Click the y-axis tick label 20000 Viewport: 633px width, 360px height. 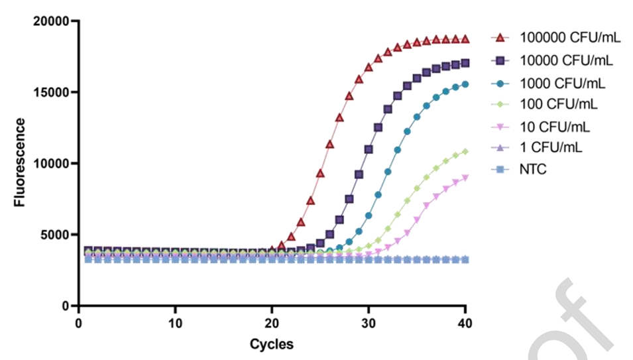pos(52,21)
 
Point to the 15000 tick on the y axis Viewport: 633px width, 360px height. pos(52,92)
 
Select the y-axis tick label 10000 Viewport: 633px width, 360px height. pos(52,164)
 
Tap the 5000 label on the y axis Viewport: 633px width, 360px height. pos(55,235)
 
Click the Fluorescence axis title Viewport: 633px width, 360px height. pos(21,162)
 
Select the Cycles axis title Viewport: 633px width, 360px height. pos(271,344)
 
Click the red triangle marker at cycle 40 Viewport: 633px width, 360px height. pos(465,39)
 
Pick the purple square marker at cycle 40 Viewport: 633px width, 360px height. pos(465,63)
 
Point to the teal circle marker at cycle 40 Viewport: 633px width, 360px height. pos(465,84)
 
